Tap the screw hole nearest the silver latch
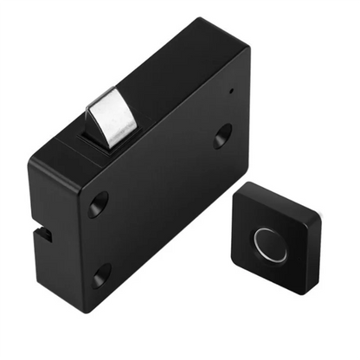pos(222,135)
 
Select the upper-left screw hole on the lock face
pos(98,205)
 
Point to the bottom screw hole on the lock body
pos(101,277)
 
